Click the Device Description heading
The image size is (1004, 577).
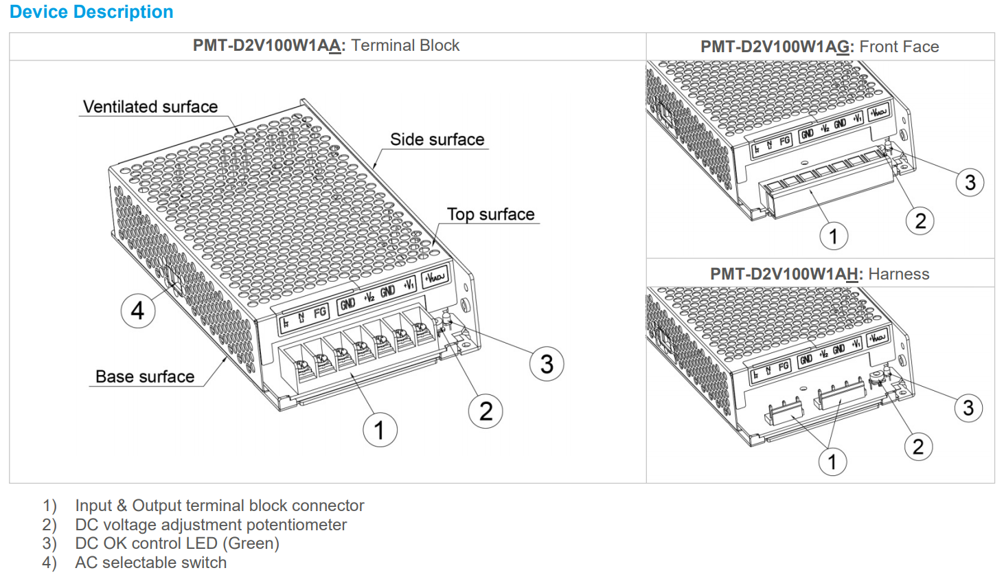(91, 12)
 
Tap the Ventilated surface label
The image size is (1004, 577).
(150, 107)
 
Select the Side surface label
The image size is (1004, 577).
(437, 139)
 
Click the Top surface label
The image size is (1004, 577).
(490, 214)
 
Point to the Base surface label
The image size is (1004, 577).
(145, 376)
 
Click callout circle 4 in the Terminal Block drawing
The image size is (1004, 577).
(138, 310)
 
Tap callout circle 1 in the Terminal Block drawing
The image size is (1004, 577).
(380, 430)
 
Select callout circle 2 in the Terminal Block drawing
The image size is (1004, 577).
(486, 411)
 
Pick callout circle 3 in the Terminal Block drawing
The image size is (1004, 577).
(547, 364)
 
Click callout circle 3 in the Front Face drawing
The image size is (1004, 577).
(970, 183)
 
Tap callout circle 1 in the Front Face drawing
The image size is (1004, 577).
(834, 236)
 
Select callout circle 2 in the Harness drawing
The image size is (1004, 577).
(918, 447)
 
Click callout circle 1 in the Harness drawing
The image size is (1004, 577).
(832, 462)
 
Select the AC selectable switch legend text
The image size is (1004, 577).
(150, 563)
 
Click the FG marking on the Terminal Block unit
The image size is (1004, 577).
(319, 313)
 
